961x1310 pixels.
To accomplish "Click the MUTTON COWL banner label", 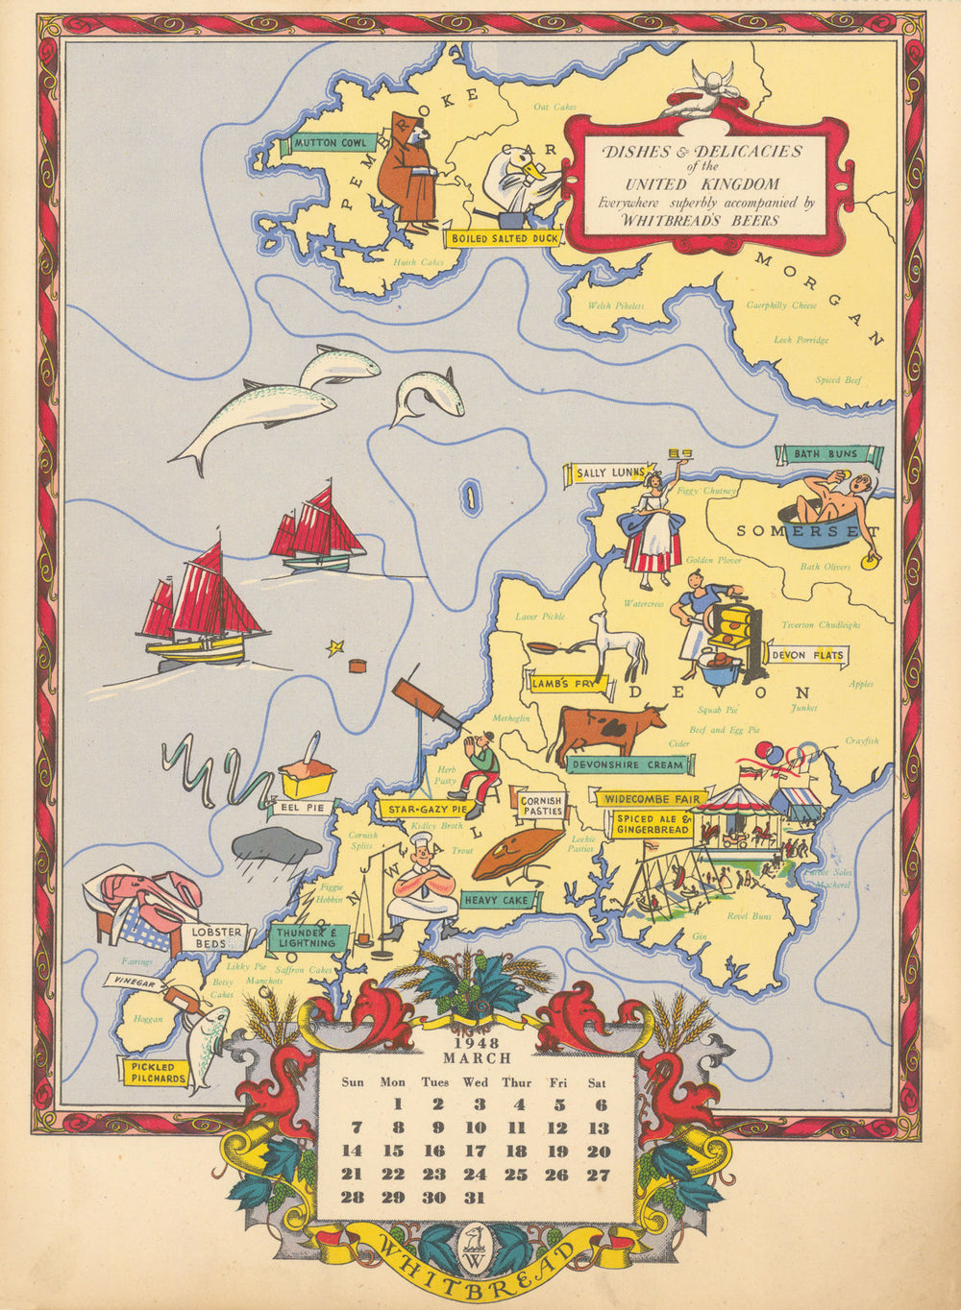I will click(x=330, y=143).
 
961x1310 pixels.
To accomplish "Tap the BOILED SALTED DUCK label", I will click(x=502, y=237).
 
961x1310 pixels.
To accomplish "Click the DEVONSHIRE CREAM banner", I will click(x=628, y=764).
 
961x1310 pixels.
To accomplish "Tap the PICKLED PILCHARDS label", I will click(x=153, y=1072).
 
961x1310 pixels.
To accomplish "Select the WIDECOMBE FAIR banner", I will click(x=652, y=798).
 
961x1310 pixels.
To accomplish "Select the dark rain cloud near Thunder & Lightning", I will click(x=276, y=846).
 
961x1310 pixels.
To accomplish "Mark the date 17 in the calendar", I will click(x=476, y=1151).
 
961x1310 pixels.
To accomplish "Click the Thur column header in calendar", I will click(x=516, y=1082).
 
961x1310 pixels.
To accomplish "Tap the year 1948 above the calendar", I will click(x=478, y=1043).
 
